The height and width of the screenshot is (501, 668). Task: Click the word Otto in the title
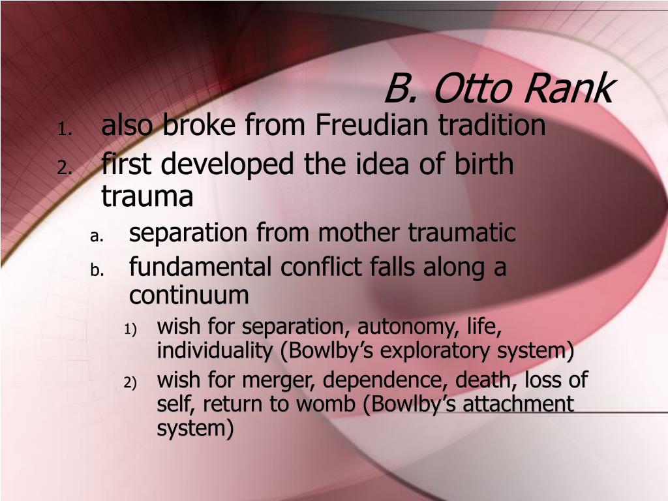tap(472, 89)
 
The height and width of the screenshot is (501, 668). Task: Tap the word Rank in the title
tap(568, 88)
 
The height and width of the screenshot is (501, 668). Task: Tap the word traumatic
tap(462, 233)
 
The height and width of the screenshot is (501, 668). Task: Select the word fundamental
tap(200, 267)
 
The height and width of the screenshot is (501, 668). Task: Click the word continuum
tap(189, 295)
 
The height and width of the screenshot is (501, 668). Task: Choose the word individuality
tap(215, 350)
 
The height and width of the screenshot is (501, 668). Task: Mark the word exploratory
tap(435, 351)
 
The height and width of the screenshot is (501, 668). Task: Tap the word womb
tap(326, 404)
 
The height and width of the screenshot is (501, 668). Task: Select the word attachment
tap(519, 404)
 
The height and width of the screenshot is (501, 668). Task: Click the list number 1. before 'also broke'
tap(65, 129)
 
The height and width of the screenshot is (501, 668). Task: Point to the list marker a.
tap(97, 237)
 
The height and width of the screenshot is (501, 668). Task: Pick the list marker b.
tap(97, 269)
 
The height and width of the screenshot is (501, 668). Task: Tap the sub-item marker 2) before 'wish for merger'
tap(130, 382)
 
